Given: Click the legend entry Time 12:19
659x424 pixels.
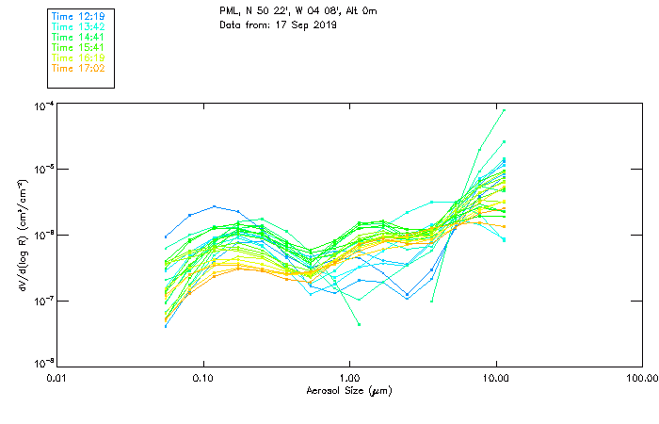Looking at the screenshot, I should pos(78,16).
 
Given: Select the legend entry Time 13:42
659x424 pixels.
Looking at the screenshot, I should pos(78,26).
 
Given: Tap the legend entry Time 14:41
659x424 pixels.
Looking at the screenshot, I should pos(78,37).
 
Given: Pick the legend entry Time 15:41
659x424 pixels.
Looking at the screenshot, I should pos(78,47).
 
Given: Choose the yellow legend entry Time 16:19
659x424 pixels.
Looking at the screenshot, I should pos(78,57).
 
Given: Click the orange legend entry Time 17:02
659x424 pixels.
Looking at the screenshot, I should pos(78,68).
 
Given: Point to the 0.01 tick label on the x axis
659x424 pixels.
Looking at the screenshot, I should pos(57,379).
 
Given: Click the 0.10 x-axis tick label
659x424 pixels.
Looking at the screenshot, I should pos(203,379).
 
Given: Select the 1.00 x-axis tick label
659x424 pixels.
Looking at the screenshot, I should pos(349,379).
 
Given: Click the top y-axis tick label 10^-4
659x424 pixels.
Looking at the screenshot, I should pos(42,106).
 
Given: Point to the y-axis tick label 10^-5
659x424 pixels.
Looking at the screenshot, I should pos(42,170).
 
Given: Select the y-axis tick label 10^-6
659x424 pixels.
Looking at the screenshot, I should pos(42,235).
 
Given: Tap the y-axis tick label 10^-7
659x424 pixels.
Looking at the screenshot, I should pos(42,301).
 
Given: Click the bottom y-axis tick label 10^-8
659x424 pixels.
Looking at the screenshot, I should pos(42,364).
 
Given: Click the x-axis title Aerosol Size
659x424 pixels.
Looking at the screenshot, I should pos(348,390).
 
